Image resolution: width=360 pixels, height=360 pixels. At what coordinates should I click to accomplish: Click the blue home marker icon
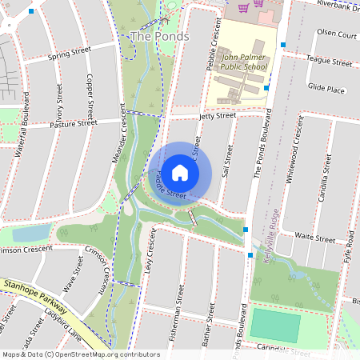(180, 172)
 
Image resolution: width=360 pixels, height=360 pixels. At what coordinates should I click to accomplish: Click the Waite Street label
(314, 238)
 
